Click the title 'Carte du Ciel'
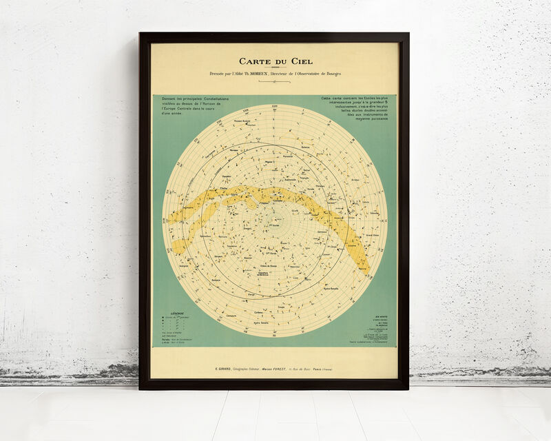275,61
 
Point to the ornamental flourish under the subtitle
275,81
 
